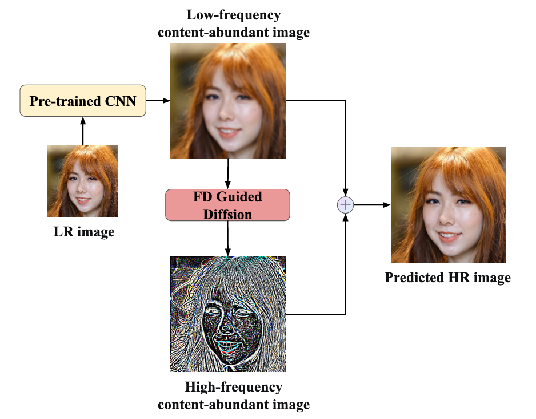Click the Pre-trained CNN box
point(83,101)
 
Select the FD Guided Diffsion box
point(227,205)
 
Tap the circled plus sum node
point(346,205)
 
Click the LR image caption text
point(83,232)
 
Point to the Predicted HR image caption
point(447,278)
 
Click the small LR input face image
point(83,181)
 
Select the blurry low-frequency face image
point(227,101)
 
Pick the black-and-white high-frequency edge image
point(227,314)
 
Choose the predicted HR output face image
point(448,204)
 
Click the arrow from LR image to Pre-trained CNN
point(83,131)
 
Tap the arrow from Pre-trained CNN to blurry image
point(158,101)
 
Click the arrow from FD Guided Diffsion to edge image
point(228,238)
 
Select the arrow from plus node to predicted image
point(372,205)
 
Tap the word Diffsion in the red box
point(228,214)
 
